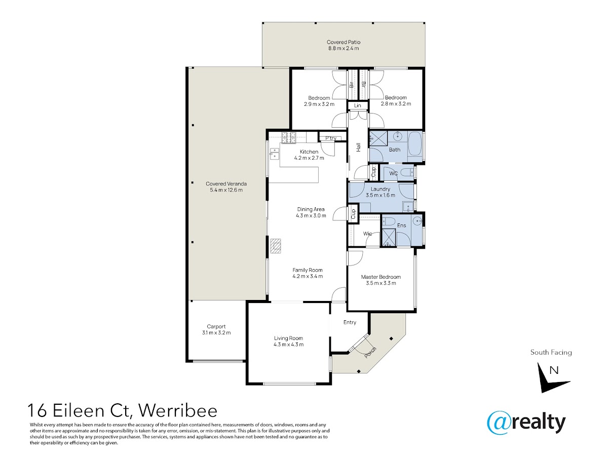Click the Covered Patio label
coord(343,42)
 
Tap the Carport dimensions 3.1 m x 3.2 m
coord(216,332)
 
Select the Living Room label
coord(288,338)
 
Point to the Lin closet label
coord(357,105)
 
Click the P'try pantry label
coord(331,138)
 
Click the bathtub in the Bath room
coord(415,147)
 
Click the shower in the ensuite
coord(389,238)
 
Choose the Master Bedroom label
coord(381,277)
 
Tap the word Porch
coord(370,353)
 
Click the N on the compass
coord(554,370)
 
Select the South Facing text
coord(551,353)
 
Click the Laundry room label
coord(381,189)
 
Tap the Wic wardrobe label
coord(367,234)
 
